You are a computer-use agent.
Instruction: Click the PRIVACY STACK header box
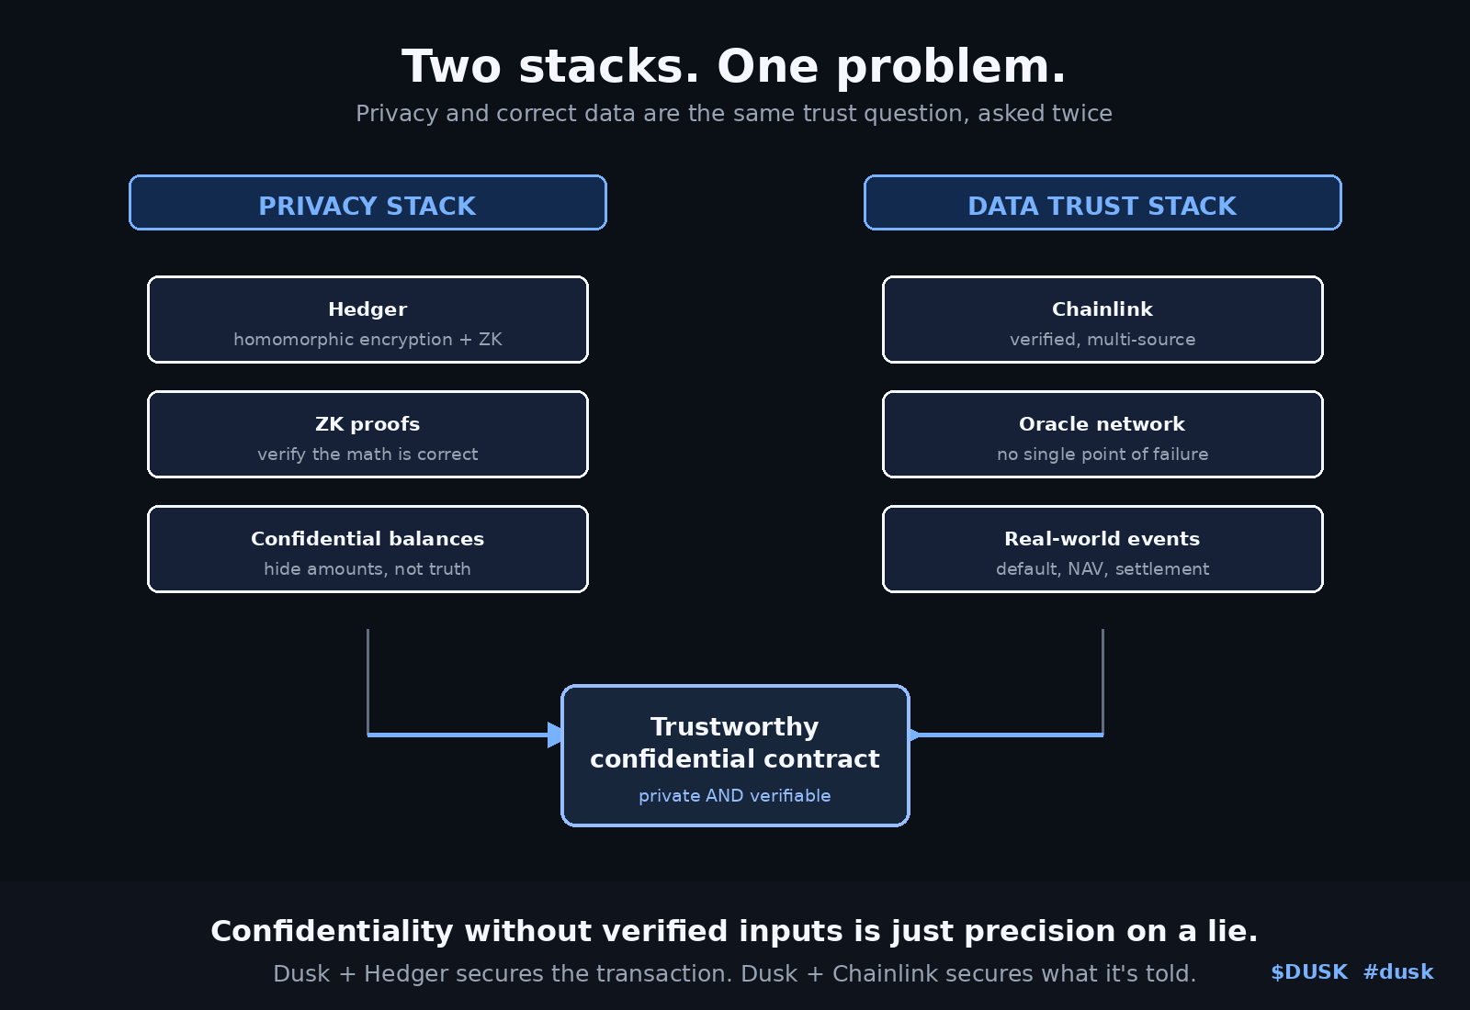point(367,203)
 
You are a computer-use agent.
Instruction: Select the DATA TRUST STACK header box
point(1102,203)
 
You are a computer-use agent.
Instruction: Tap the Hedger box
point(367,320)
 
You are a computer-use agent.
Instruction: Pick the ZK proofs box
point(367,434)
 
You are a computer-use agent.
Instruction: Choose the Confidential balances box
point(367,549)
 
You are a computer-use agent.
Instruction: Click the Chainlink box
point(1102,320)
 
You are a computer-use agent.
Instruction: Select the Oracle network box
point(1102,434)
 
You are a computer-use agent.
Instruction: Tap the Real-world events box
point(1102,549)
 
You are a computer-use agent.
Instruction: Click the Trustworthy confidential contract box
point(735,756)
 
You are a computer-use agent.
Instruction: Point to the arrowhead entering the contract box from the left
point(555,735)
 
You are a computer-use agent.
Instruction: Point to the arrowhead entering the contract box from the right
point(914,735)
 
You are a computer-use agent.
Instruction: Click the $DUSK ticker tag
point(1309,972)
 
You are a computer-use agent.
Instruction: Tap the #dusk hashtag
point(1398,972)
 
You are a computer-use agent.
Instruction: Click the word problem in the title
point(951,68)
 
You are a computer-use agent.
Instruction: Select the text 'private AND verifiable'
point(735,795)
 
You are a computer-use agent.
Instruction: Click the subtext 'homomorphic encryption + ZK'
point(367,339)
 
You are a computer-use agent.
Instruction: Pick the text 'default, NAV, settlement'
point(1102,568)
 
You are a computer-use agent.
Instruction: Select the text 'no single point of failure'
point(1102,454)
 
